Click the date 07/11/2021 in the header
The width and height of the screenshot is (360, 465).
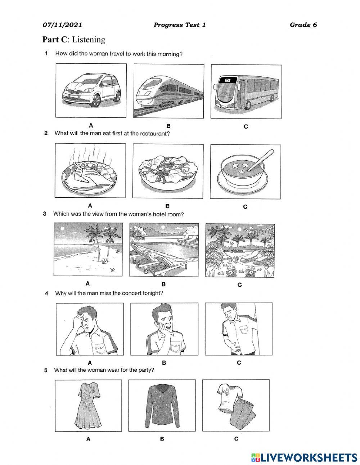(x=62, y=25)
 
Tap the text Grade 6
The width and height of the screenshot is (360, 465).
(x=303, y=25)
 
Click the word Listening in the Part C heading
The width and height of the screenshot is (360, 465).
(x=89, y=40)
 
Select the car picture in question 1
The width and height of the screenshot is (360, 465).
(x=91, y=90)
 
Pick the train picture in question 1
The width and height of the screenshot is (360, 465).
(x=169, y=91)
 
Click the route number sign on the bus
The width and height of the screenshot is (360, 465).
(x=228, y=80)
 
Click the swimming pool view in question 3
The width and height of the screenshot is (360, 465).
(x=163, y=250)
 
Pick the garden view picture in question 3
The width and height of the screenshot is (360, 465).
(x=240, y=250)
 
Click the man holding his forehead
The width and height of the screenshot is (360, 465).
(x=90, y=328)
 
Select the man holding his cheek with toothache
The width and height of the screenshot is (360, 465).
(x=164, y=328)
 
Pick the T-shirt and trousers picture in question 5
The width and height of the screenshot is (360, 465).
(x=236, y=405)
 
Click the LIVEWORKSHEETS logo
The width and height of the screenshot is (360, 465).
(x=304, y=457)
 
